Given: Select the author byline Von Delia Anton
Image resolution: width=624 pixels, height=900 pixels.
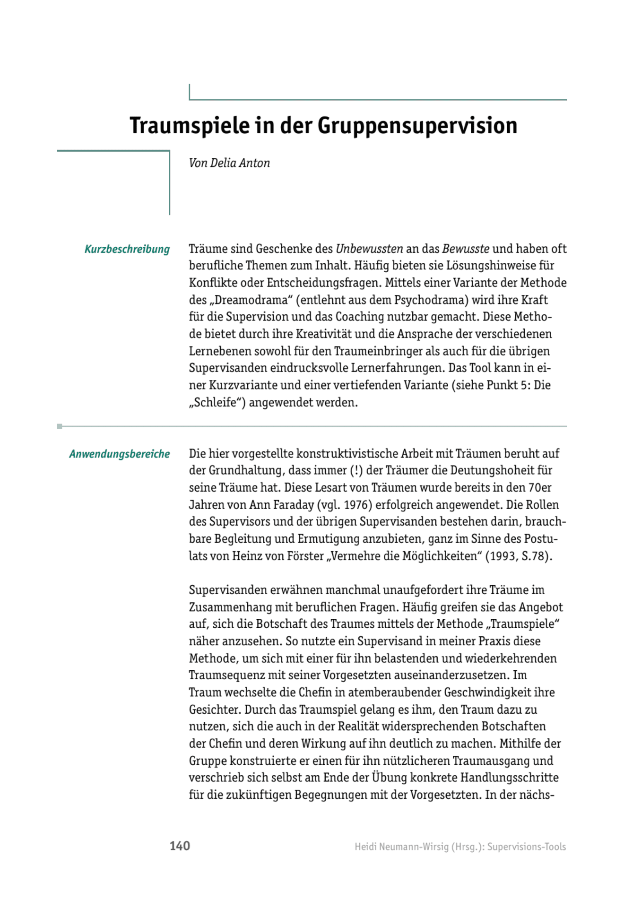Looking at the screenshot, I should [x=229, y=163].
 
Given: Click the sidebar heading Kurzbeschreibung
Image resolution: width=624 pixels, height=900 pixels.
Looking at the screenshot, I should [x=127, y=249].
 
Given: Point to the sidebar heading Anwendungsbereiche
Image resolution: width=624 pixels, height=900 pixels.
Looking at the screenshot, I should [x=119, y=454].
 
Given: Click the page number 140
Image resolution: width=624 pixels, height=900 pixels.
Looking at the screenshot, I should [x=180, y=846].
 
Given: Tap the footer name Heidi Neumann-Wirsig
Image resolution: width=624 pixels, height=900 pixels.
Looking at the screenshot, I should [x=401, y=847].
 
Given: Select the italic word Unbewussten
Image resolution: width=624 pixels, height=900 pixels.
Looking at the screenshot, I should [x=369, y=249].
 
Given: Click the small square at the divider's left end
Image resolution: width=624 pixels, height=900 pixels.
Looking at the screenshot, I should [x=60, y=426].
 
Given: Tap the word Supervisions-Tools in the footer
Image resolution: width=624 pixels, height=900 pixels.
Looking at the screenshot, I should [x=527, y=847].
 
